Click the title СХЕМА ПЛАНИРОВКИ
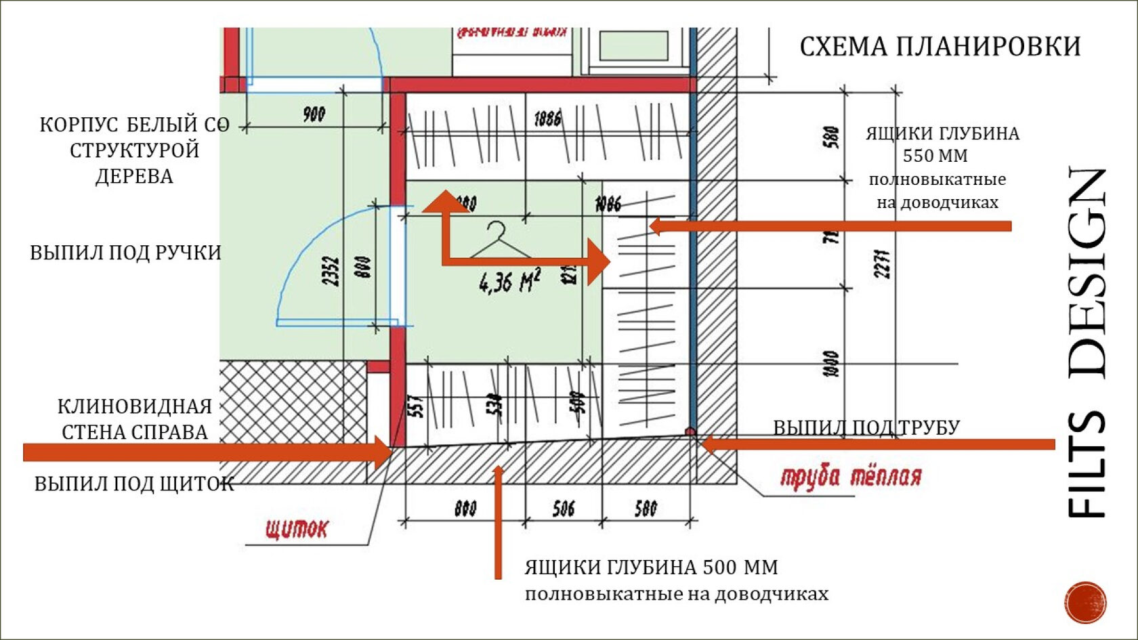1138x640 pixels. [940, 47]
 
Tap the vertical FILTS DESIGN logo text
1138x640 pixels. [1087, 342]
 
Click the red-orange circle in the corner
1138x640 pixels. [1085, 601]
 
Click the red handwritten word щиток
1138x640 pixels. [296, 528]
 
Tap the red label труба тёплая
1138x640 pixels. [851, 477]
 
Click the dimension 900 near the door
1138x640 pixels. [314, 114]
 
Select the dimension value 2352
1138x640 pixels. [331, 270]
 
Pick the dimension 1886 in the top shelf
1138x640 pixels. [547, 119]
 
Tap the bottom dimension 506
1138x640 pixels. [563, 508]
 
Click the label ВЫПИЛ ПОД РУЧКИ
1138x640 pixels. [125, 253]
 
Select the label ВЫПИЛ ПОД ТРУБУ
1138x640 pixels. [866, 427]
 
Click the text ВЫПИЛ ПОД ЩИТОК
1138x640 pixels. [134, 484]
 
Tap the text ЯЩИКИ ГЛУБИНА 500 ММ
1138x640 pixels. [651, 567]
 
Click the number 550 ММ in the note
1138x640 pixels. [935, 156]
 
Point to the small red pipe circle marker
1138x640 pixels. [690, 431]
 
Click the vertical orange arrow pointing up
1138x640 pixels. [498, 521]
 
